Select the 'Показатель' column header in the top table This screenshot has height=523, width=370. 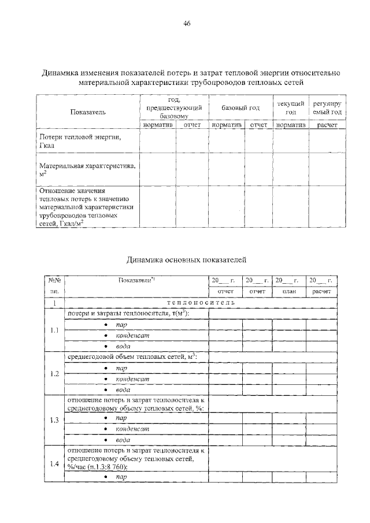click(x=88, y=111)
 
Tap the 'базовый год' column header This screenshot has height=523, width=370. click(x=240, y=108)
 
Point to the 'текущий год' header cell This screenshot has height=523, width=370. click(x=290, y=107)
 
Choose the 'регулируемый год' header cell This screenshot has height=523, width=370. click(x=327, y=107)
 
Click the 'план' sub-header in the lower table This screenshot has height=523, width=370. click(x=290, y=291)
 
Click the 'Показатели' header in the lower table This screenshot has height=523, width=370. click(x=136, y=280)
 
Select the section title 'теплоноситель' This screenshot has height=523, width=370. click(x=201, y=302)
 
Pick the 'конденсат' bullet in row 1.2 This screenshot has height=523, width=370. click(x=132, y=379)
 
